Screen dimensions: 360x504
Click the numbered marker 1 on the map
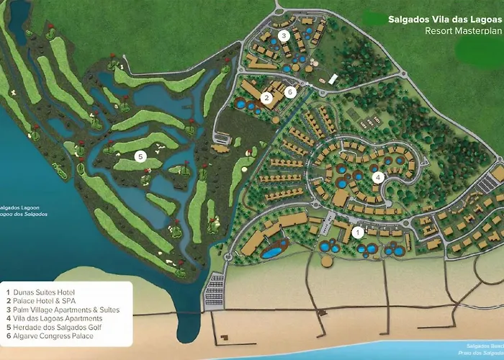(x=358, y=232)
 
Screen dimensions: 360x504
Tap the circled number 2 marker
(x=266, y=98)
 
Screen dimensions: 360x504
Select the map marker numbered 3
(x=284, y=35)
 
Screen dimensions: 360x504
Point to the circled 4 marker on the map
(x=377, y=176)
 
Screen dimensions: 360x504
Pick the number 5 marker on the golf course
(x=140, y=156)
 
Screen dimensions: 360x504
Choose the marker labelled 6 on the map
(x=290, y=91)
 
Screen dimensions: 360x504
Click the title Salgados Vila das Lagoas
(x=444, y=20)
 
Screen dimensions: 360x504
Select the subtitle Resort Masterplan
(x=463, y=31)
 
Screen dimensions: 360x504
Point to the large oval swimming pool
(x=271, y=253)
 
